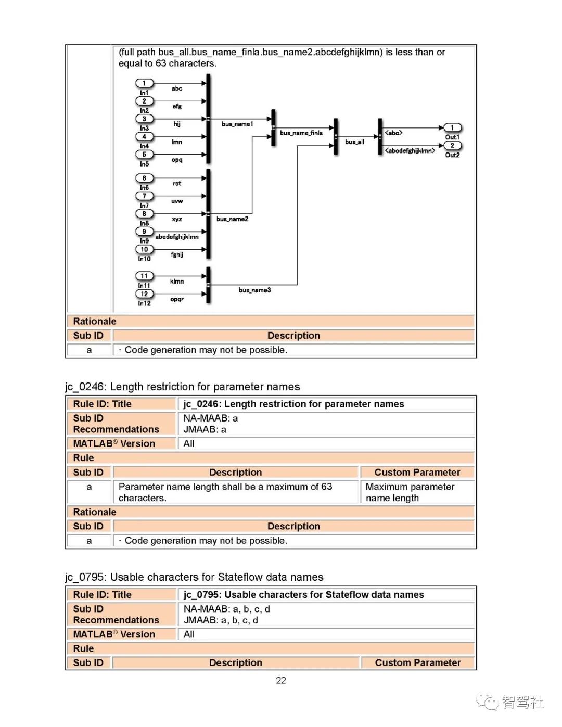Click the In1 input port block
pyautogui.click(x=144, y=83)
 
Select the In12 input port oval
pyautogui.click(x=144, y=294)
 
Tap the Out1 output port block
pyautogui.click(x=452, y=128)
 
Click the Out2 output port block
pyautogui.click(x=452, y=146)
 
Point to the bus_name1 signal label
pyautogui.click(x=237, y=124)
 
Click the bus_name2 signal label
pyautogui.click(x=232, y=219)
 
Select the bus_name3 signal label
pyautogui.click(x=254, y=290)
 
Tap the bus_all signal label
pyautogui.click(x=354, y=142)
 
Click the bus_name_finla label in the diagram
pyautogui.click(x=301, y=133)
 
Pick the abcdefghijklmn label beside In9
pyautogui.click(x=177, y=237)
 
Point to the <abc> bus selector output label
pyautogui.click(x=393, y=133)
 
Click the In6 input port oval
pyautogui.click(x=144, y=178)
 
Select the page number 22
pyautogui.click(x=281, y=681)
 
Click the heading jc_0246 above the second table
pyautogui.click(x=182, y=387)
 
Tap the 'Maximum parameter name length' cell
pyautogui.click(x=410, y=492)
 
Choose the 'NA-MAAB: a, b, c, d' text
pyautogui.click(x=226, y=609)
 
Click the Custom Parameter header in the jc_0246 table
pyautogui.click(x=417, y=473)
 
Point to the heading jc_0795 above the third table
pyautogui.click(x=194, y=577)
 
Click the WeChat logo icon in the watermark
pyautogui.click(x=487, y=702)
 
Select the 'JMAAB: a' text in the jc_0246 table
pyautogui.click(x=205, y=430)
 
